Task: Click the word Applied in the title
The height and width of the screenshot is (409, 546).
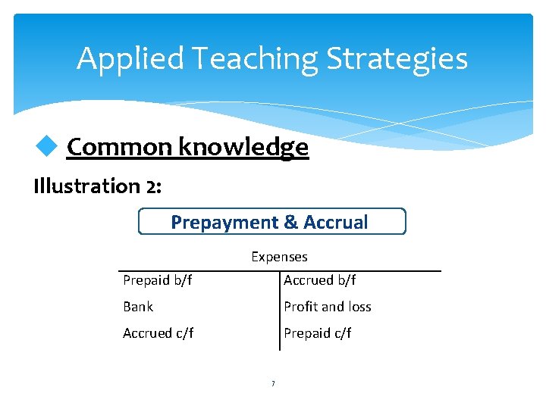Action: (129, 59)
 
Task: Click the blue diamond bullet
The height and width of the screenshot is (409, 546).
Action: (49, 147)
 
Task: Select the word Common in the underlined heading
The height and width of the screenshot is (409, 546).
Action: (121, 147)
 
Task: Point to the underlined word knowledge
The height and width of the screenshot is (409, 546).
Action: (243, 147)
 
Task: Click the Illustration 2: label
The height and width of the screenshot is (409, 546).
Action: (97, 186)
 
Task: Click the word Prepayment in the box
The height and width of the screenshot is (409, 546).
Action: (224, 222)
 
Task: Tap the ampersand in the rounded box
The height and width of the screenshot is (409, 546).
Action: (290, 222)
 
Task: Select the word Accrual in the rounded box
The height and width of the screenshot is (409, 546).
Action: (335, 222)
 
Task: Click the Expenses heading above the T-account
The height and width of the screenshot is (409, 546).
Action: (279, 257)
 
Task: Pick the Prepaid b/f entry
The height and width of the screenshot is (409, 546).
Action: (158, 280)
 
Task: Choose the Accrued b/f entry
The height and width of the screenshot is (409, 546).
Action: (319, 280)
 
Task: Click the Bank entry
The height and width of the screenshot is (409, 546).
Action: (138, 307)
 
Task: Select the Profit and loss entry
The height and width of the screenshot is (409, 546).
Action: (328, 307)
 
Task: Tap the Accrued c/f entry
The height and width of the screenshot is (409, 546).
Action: (158, 333)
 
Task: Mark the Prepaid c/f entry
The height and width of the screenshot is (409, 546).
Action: (317, 333)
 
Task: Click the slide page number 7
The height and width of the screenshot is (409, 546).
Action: (273, 384)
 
